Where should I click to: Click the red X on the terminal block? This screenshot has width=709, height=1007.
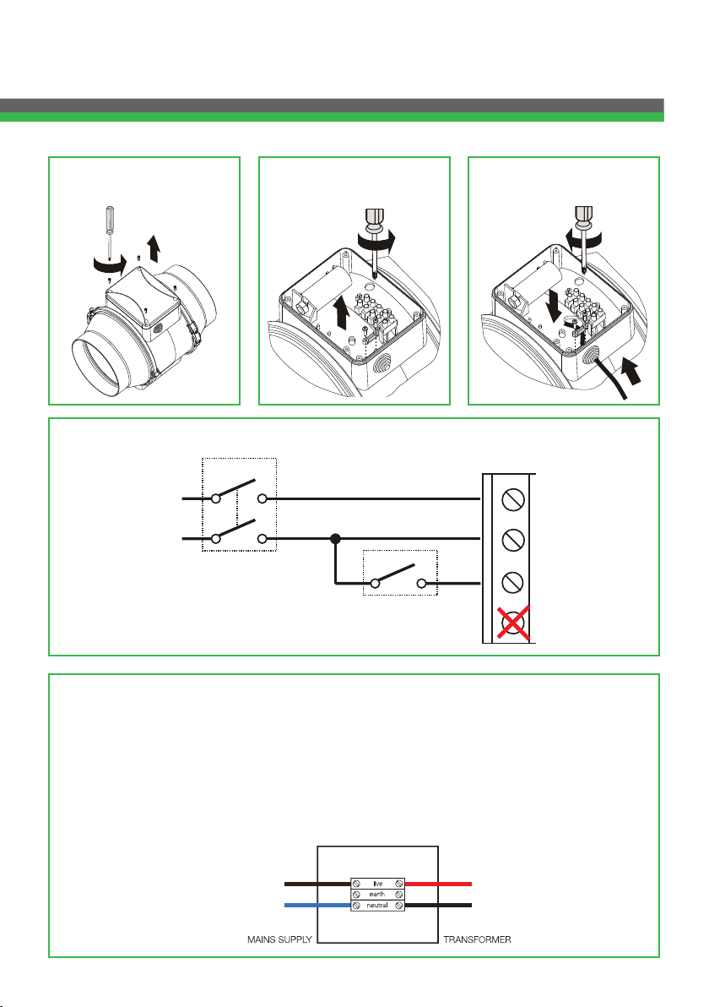[x=512, y=623]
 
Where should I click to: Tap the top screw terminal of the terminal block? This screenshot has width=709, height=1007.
[x=512, y=499]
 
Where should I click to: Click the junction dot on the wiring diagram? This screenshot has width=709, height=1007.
[x=335, y=539]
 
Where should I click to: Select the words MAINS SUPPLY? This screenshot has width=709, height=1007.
[x=279, y=939]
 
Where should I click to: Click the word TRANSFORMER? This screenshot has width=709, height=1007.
[x=478, y=939]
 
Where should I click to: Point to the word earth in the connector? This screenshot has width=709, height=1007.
[x=377, y=894]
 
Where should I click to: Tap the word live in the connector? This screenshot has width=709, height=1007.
[x=378, y=884]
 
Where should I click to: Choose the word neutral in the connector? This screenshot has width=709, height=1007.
[x=377, y=905]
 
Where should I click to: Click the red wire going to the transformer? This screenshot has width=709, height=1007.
[x=438, y=885]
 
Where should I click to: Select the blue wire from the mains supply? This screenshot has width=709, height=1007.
[x=317, y=906]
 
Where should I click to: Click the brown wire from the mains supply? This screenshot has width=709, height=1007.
[x=317, y=885]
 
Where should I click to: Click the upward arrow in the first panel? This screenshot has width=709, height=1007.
[x=154, y=248]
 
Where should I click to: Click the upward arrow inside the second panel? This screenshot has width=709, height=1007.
[x=342, y=312]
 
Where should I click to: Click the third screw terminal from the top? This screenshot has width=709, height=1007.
[x=512, y=582]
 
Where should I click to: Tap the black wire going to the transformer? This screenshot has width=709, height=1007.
[x=438, y=906]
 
